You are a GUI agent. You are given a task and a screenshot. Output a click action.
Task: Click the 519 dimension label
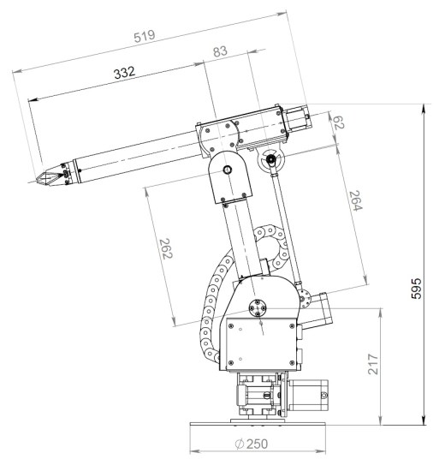[x=145, y=36]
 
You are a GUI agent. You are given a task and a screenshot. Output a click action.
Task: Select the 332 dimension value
[x=125, y=72]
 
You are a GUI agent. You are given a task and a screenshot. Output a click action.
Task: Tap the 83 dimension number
[x=220, y=51]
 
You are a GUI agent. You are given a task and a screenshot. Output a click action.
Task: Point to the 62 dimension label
[x=339, y=122]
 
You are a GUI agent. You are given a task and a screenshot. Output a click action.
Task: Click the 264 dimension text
[x=356, y=200]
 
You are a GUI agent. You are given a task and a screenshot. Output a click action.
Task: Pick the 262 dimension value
[x=166, y=249]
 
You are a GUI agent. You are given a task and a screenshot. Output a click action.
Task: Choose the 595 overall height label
[x=416, y=289]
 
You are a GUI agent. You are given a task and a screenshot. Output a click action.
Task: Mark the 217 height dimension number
[x=373, y=364]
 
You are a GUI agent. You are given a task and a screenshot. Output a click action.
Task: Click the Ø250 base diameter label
[x=252, y=444]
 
